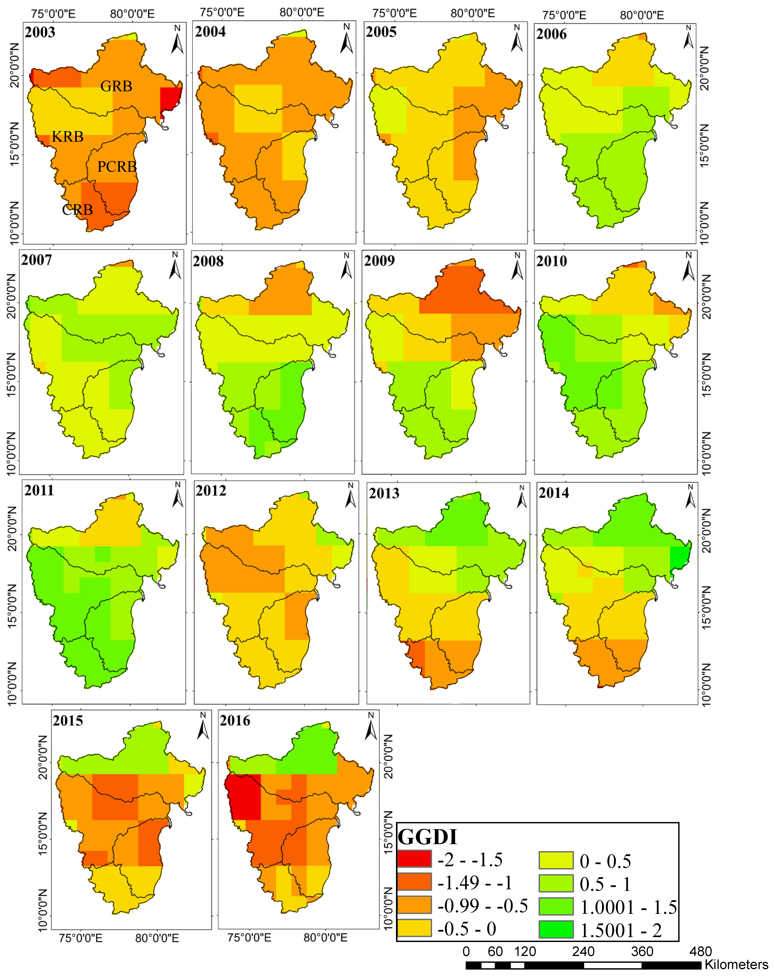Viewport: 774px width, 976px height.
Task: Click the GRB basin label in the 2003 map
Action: [116, 86]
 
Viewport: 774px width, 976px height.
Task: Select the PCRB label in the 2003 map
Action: [117, 167]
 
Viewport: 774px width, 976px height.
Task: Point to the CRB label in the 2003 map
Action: [77, 210]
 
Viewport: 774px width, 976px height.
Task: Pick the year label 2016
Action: [235, 720]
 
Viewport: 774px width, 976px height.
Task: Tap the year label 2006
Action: [551, 34]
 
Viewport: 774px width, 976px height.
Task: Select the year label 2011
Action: [39, 490]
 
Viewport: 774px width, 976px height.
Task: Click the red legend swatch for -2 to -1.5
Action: [414, 859]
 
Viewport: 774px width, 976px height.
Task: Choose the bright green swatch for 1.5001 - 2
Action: [556, 930]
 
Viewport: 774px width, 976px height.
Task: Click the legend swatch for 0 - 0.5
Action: [556, 860]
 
